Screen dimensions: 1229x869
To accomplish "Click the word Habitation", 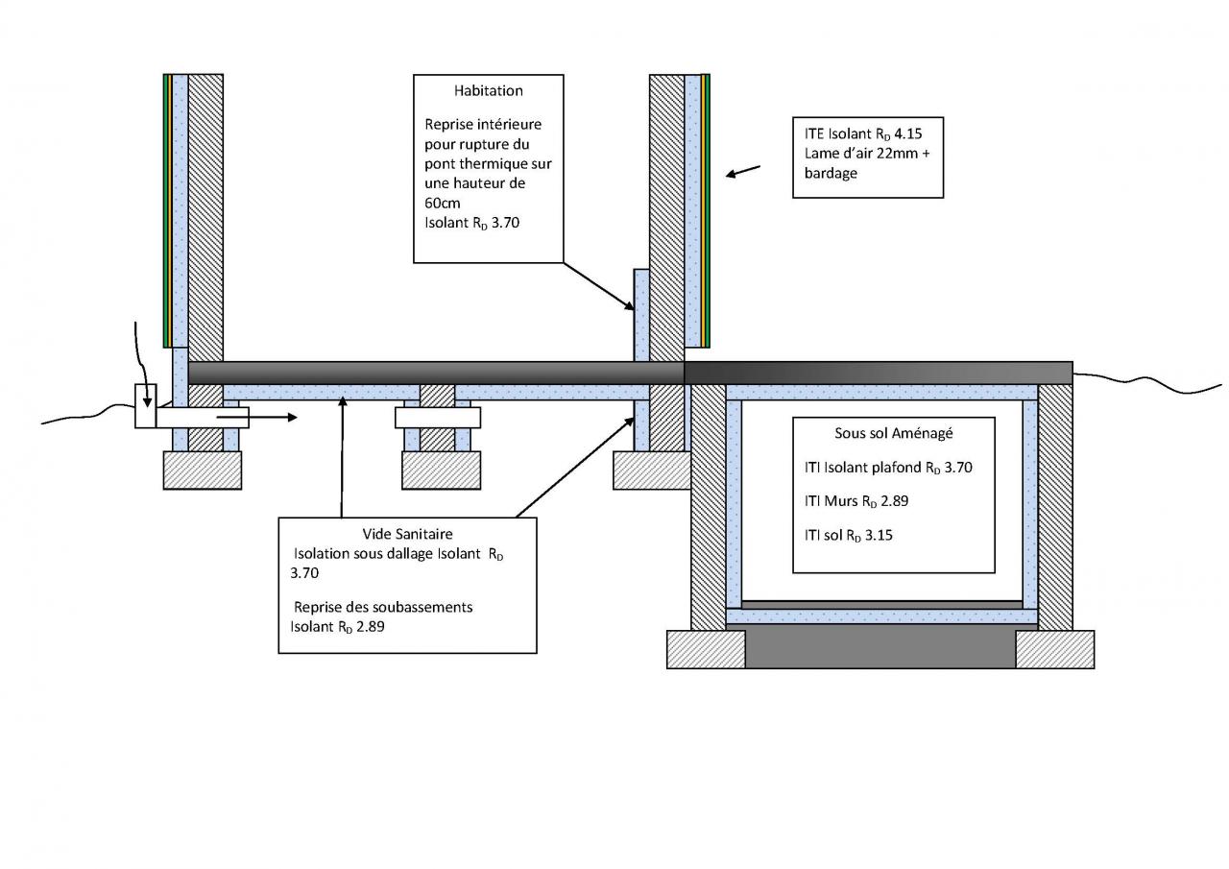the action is pos(489,90).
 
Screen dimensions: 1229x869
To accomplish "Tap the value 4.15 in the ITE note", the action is pos(908,133).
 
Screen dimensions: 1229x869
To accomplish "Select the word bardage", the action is pos(831,174).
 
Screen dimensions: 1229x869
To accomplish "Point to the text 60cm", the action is pos(443,203).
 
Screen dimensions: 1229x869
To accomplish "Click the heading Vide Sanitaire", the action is pos(407,534).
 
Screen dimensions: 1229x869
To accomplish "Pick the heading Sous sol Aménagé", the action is pos(893,433).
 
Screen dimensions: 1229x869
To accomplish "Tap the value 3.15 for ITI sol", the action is pos(879,535).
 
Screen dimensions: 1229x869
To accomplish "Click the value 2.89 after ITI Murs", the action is pos(894,501).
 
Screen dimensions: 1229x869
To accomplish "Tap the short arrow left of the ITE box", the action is pos(743,171).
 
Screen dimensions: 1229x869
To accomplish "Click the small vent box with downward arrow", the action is pos(145,406).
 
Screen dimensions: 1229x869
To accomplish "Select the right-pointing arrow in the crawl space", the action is pos(256,418).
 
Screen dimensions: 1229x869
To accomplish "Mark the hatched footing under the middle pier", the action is pos(441,471).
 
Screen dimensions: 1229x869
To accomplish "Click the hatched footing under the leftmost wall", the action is pos(203,471).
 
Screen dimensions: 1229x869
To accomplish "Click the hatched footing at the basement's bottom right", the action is pos(1055,649).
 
